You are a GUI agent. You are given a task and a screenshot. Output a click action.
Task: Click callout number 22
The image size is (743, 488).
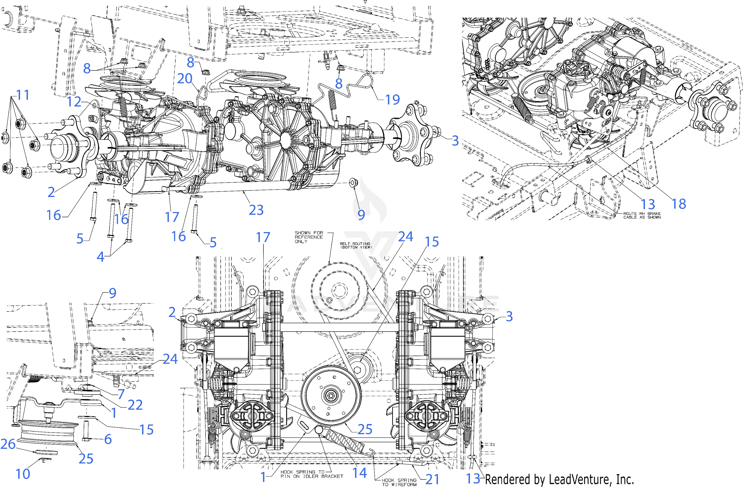[x=135, y=405]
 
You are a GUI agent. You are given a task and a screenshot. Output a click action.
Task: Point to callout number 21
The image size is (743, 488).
[x=432, y=479]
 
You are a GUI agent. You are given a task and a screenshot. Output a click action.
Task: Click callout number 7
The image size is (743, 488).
[x=121, y=394]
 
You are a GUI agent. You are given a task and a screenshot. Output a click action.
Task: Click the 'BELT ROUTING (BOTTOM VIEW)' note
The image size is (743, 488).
[x=355, y=245]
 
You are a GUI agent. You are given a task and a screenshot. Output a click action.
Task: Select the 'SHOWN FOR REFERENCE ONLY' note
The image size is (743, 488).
[x=309, y=237]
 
